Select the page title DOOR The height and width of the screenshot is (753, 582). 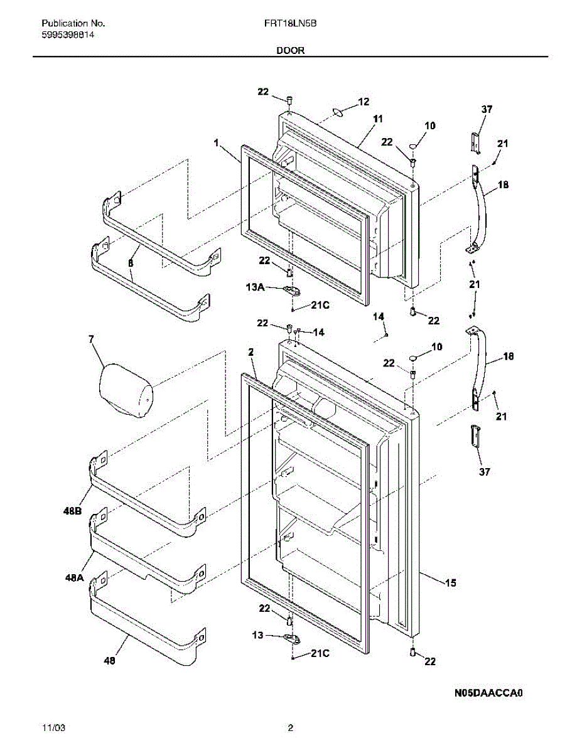pyautogui.click(x=290, y=51)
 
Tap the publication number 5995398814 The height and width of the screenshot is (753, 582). pyautogui.click(x=69, y=36)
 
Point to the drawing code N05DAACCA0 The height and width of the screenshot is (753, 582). pyautogui.click(x=489, y=693)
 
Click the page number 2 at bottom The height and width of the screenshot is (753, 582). pyautogui.click(x=290, y=729)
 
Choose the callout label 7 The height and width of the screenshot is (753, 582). pyautogui.click(x=92, y=340)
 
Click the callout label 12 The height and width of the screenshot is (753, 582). pyautogui.click(x=364, y=101)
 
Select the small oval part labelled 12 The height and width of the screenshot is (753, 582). pyautogui.click(x=338, y=113)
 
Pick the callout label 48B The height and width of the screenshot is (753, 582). pyautogui.click(x=72, y=511)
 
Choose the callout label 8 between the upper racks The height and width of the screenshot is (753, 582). pyautogui.click(x=131, y=264)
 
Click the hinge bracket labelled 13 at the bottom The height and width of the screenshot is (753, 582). pyautogui.click(x=292, y=638)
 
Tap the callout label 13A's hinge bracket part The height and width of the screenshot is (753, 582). pyautogui.click(x=291, y=289)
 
